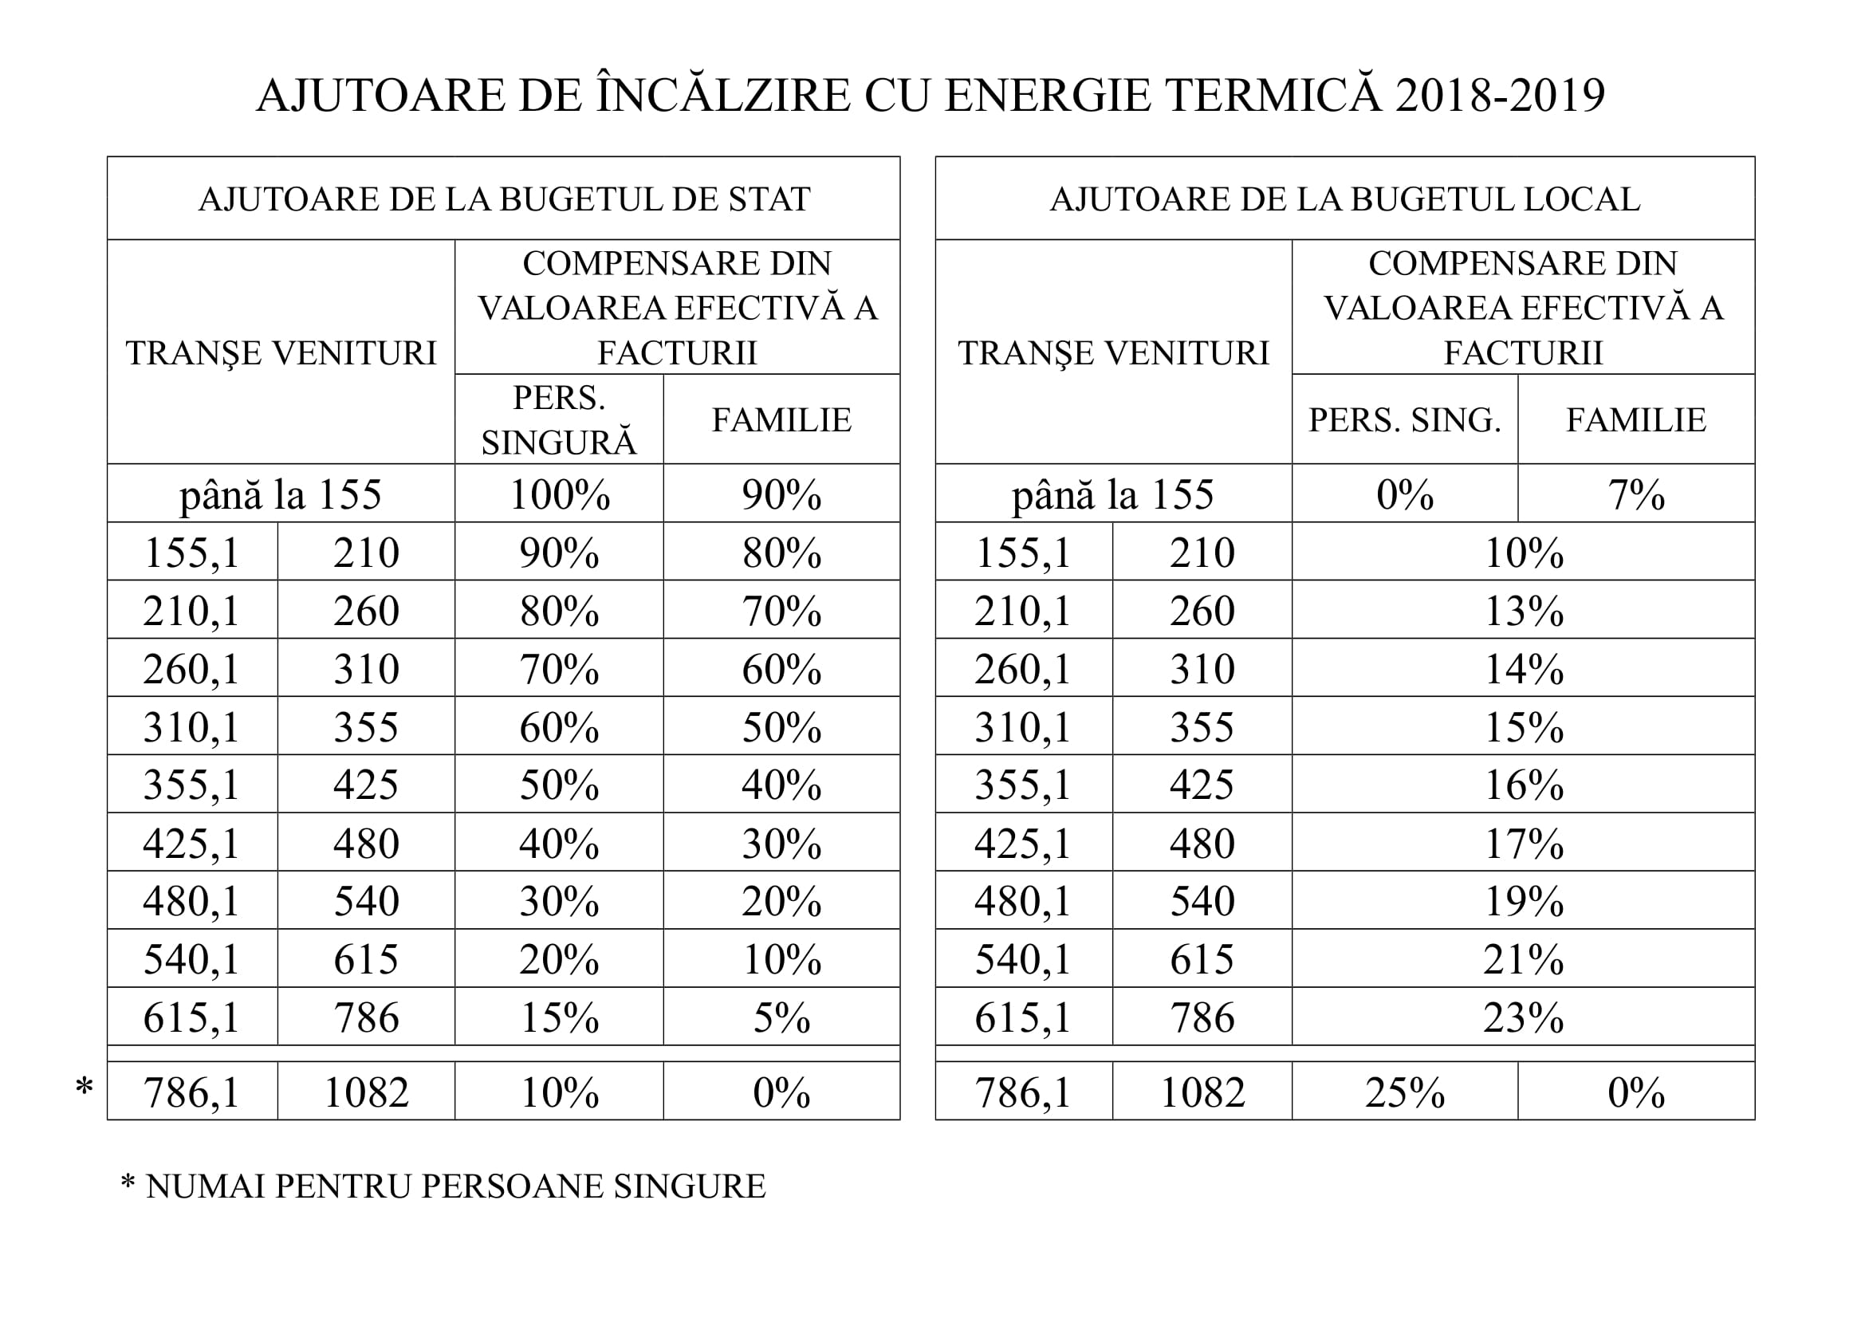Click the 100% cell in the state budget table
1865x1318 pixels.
[x=560, y=494]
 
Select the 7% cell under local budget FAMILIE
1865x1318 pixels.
[x=1636, y=494]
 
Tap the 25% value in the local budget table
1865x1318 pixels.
[x=1404, y=1092]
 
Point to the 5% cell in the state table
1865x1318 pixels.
[x=781, y=1017]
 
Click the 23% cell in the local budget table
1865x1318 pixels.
[x=1523, y=1017]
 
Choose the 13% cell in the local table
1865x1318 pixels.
[x=1523, y=611]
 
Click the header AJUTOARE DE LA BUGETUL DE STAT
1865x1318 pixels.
[x=504, y=200]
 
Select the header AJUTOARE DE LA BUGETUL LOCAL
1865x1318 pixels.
[x=1344, y=200]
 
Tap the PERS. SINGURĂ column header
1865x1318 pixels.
[x=559, y=420]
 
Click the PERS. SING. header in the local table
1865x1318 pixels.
[x=1404, y=420]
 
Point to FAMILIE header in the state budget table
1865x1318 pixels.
[x=781, y=420]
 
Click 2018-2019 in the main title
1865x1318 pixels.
[x=1500, y=95]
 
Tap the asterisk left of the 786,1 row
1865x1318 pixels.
[x=84, y=1087]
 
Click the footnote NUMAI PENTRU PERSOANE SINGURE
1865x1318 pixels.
[x=454, y=1186]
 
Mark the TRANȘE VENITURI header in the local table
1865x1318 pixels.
[x=1113, y=353]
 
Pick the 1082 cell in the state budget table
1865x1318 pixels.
[x=366, y=1092]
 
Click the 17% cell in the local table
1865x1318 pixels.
[x=1523, y=843]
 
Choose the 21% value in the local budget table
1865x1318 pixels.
[x=1523, y=959]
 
